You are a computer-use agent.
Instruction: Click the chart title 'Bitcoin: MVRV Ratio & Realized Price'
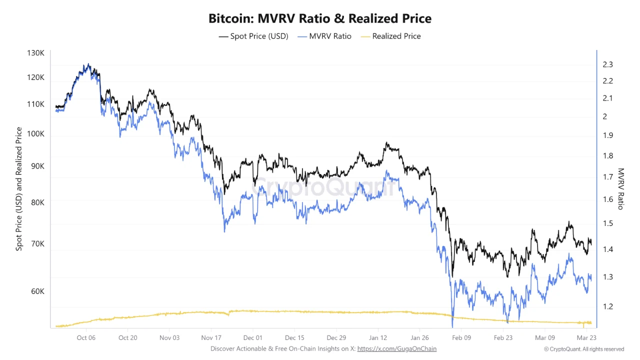[320, 19]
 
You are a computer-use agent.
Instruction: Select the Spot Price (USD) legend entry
[253, 36]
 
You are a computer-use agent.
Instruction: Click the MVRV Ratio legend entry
[324, 36]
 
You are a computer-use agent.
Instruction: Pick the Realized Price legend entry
[390, 36]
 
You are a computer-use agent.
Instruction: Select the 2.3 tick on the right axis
[608, 64]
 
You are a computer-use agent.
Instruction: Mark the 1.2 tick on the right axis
[608, 306]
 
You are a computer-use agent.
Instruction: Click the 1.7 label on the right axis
[608, 177]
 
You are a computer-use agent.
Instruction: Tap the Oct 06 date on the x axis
[86, 337]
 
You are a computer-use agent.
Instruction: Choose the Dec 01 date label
[253, 337]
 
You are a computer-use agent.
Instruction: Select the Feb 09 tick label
[461, 337]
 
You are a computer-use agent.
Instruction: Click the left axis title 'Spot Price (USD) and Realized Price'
[19, 189]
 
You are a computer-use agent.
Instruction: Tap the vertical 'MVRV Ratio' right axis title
[621, 188]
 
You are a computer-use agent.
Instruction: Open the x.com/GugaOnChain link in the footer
[396, 348]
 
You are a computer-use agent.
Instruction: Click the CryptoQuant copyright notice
[584, 349]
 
